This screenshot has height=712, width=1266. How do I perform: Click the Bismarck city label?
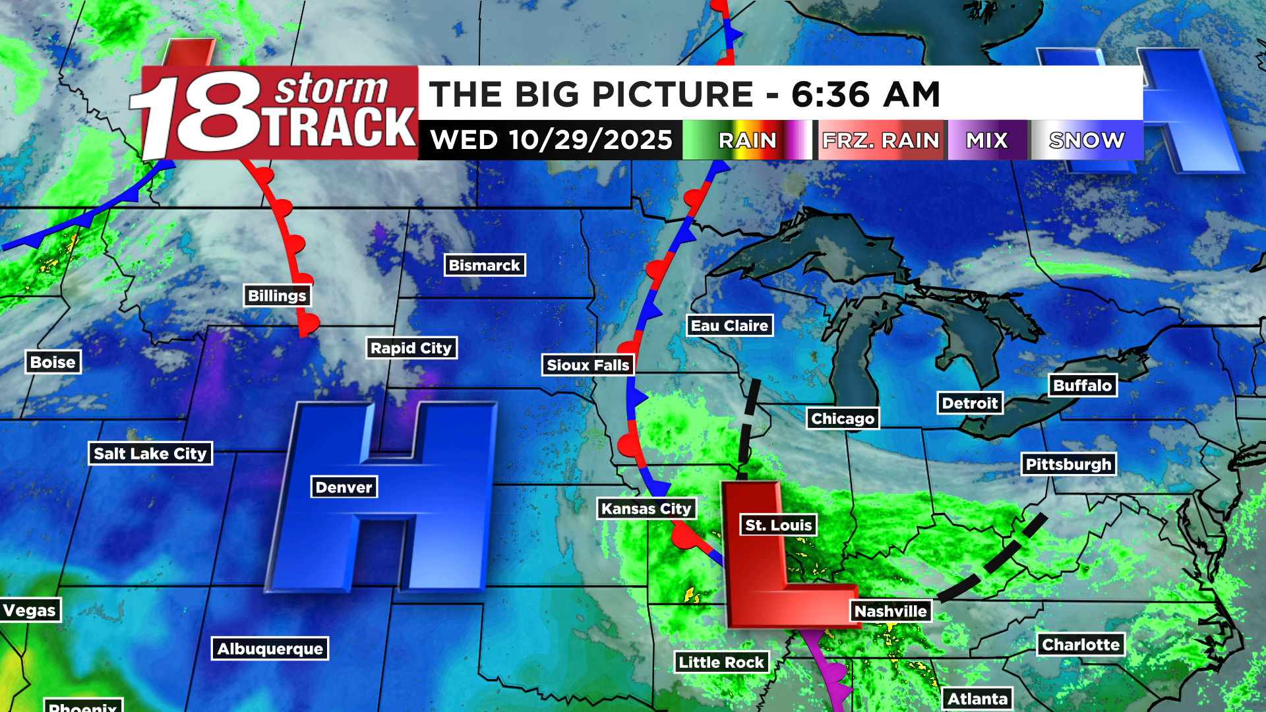485,265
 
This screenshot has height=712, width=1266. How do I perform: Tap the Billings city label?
277,295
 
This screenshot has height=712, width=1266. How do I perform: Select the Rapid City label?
411,347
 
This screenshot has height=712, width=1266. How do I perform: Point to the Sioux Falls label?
588,365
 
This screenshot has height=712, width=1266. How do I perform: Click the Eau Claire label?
729,325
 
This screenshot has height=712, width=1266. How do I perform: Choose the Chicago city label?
843,418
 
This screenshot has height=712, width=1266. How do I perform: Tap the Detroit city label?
969,403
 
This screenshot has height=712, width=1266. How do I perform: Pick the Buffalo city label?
1082,385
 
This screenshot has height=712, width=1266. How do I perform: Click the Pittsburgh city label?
1068,464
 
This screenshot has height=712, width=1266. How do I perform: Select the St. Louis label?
778,525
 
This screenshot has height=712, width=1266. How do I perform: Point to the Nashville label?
890,611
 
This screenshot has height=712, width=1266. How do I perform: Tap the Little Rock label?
721,662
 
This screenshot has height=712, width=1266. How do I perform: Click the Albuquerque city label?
270,649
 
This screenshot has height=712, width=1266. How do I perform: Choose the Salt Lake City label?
150,453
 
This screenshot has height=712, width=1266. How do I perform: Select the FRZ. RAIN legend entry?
880,140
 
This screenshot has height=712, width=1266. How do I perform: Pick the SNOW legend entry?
1087,140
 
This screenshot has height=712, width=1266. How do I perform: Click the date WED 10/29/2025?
551,140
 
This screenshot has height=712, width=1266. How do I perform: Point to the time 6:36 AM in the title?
865,94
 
